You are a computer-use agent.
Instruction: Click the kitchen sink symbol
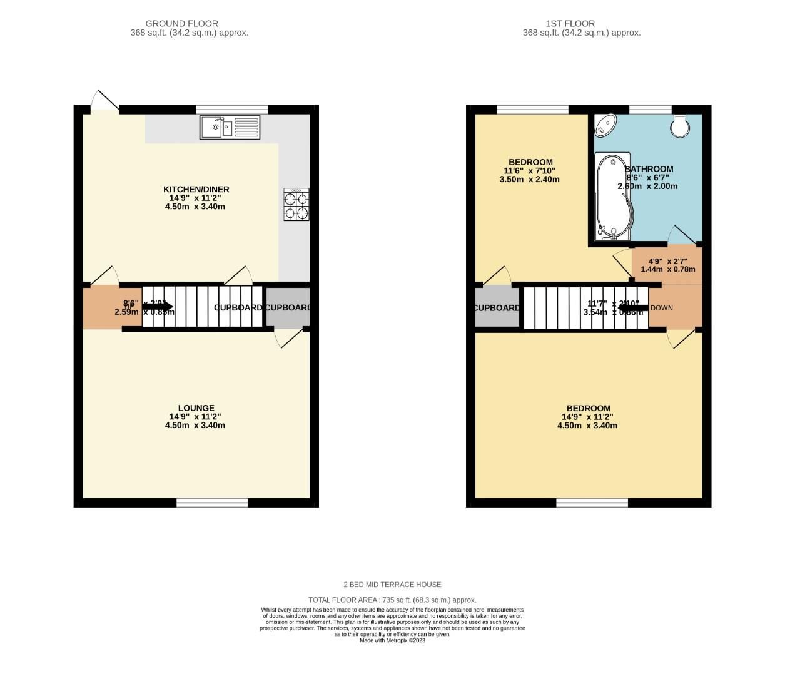(x=230, y=128)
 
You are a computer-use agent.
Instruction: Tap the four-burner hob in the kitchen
(x=296, y=205)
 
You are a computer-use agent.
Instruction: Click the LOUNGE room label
(x=196, y=408)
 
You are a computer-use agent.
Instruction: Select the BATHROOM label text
(x=649, y=169)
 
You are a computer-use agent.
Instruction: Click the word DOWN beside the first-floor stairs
(x=662, y=308)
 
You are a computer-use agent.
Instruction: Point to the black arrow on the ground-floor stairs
(x=157, y=307)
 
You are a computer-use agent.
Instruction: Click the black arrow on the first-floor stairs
(x=633, y=307)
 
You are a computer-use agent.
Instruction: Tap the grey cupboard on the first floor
(x=497, y=307)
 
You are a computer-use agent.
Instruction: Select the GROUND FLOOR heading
(x=182, y=24)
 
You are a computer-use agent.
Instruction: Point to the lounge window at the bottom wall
(x=212, y=502)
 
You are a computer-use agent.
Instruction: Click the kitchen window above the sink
(x=232, y=109)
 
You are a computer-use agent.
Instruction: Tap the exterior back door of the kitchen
(x=104, y=103)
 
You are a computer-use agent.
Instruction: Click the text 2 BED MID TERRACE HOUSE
(x=392, y=585)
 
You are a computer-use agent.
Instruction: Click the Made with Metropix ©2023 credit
(x=392, y=640)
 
